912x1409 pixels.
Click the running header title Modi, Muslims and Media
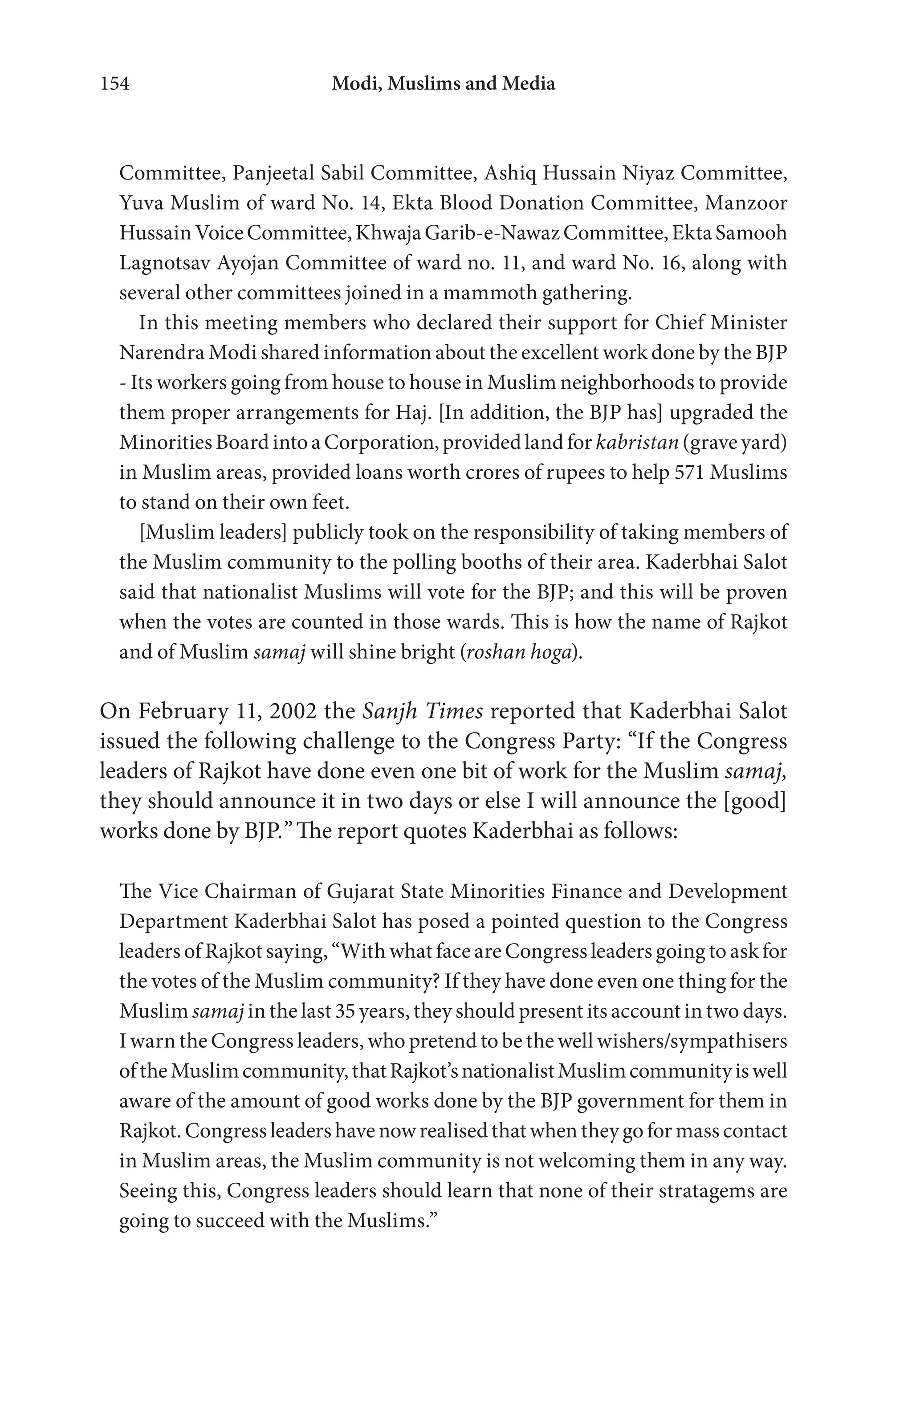pos(443,84)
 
